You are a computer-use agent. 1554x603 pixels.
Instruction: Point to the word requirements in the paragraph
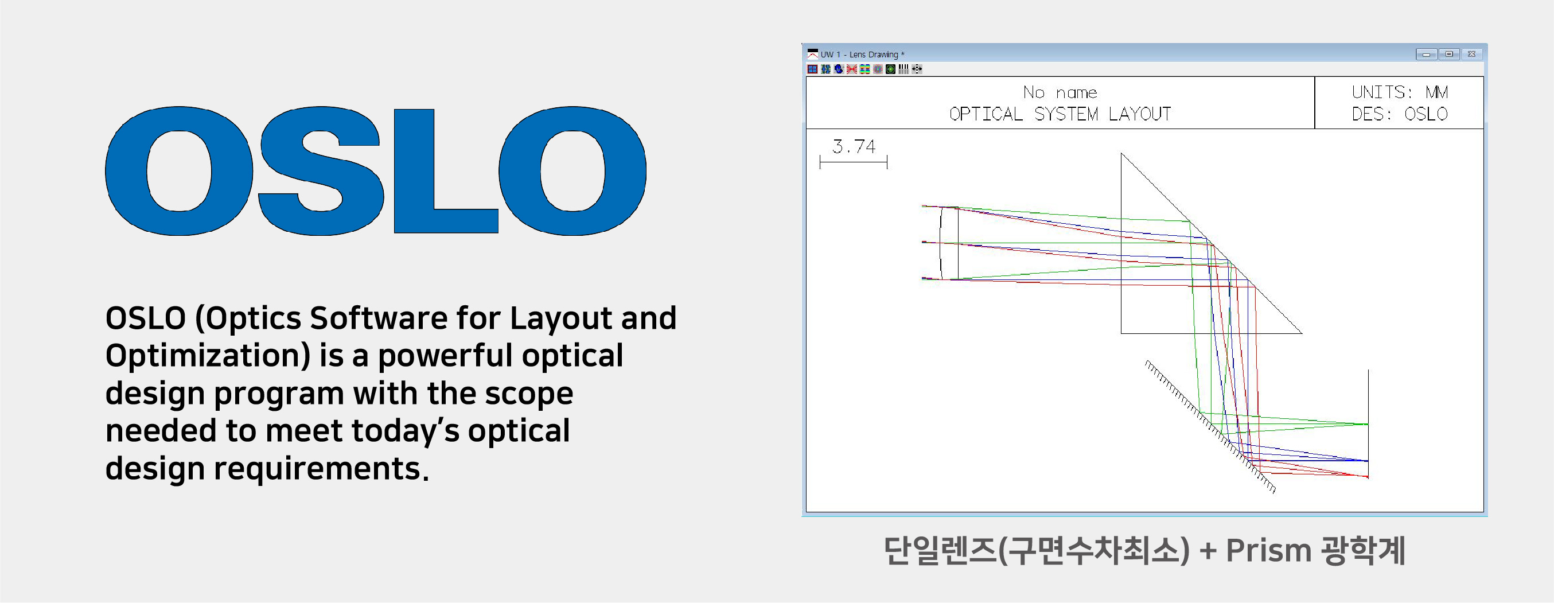[317, 469]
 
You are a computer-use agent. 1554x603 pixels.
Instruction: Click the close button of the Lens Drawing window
[1471, 54]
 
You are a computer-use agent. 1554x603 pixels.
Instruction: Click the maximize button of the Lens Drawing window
[1449, 54]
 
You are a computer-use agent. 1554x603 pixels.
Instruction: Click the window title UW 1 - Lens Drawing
[859, 55]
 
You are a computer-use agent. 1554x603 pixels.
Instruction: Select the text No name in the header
[1060, 92]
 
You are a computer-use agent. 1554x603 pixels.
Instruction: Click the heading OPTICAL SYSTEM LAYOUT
[1060, 114]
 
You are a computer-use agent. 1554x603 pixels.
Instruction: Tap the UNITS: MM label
[1400, 92]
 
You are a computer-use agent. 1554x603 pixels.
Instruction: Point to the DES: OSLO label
[1400, 114]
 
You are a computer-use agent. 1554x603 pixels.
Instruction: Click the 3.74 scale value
[854, 147]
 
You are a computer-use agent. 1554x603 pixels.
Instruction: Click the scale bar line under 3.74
[854, 162]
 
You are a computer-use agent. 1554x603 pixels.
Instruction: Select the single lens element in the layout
[949, 243]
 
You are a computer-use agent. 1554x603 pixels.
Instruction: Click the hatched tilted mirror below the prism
[1210, 427]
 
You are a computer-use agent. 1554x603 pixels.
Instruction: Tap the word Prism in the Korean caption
[1269, 550]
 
